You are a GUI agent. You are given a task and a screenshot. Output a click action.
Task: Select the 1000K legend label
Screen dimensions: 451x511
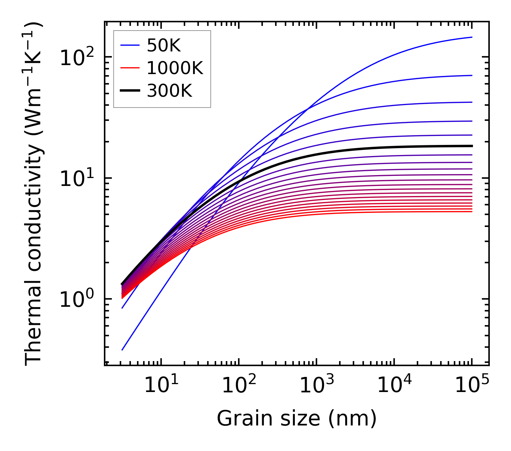pos(175,68)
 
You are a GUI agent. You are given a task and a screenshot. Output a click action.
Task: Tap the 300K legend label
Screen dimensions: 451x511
pos(169,91)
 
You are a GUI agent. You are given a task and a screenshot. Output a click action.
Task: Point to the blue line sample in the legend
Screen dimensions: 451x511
pos(129,45)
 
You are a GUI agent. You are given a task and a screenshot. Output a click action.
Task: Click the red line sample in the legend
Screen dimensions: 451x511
pos(129,68)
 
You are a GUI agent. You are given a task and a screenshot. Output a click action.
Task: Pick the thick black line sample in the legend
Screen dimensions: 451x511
pos(129,91)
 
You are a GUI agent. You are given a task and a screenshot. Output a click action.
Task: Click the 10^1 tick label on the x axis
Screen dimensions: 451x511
pos(161,386)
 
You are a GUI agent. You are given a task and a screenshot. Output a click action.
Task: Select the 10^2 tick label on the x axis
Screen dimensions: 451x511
pos(238,386)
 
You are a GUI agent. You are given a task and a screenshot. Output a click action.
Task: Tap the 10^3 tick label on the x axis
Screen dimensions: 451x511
pos(316,386)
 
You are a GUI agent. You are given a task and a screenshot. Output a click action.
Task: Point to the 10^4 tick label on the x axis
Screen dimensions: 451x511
pos(394,386)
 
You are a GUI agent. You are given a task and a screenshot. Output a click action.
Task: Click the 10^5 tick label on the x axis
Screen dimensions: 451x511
pos(472,386)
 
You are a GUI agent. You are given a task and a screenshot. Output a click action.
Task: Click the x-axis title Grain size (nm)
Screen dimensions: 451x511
pos(297,419)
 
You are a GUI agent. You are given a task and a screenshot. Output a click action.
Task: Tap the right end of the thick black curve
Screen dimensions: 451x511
pos(471,146)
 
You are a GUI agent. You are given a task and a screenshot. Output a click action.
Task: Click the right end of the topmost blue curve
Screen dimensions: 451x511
pos(471,37)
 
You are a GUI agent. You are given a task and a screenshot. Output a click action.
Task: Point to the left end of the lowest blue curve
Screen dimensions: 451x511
pos(122,350)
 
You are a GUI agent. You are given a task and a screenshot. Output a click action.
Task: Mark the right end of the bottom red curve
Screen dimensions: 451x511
pos(471,211)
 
